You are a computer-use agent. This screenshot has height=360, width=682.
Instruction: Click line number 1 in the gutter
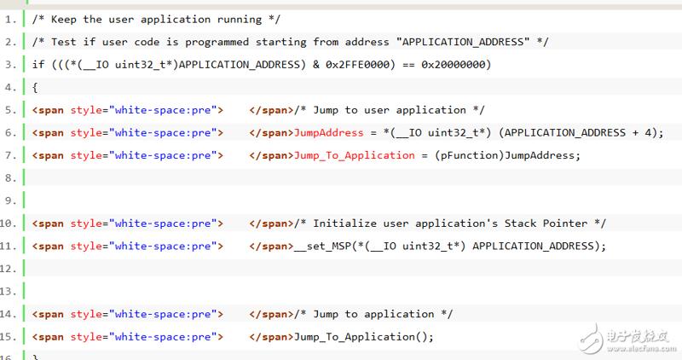click(x=10, y=20)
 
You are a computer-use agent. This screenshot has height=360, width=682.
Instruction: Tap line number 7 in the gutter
click(x=10, y=155)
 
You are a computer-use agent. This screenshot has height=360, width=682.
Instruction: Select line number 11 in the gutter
click(x=8, y=247)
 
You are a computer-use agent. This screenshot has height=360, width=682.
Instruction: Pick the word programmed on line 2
click(x=217, y=43)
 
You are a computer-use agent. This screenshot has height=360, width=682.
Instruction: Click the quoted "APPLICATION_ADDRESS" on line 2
click(x=463, y=42)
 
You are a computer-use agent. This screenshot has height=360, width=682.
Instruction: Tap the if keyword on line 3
click(x=38, y=65)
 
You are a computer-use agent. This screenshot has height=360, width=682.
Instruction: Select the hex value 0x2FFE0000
click(x=357, y=65)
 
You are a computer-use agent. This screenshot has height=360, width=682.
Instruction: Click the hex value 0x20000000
click(x=454, y=65)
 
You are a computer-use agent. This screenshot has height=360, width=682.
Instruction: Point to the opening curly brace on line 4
click(x=35, y=88)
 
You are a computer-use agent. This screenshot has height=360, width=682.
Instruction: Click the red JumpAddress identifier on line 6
click(x=329, y=133)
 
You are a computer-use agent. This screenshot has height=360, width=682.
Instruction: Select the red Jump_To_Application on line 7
click(x=355, y=156)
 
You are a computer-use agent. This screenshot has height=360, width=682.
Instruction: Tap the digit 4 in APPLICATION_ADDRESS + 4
click(x=648, y=133)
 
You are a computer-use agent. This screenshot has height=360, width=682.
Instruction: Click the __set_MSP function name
click(x=323, y=247)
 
